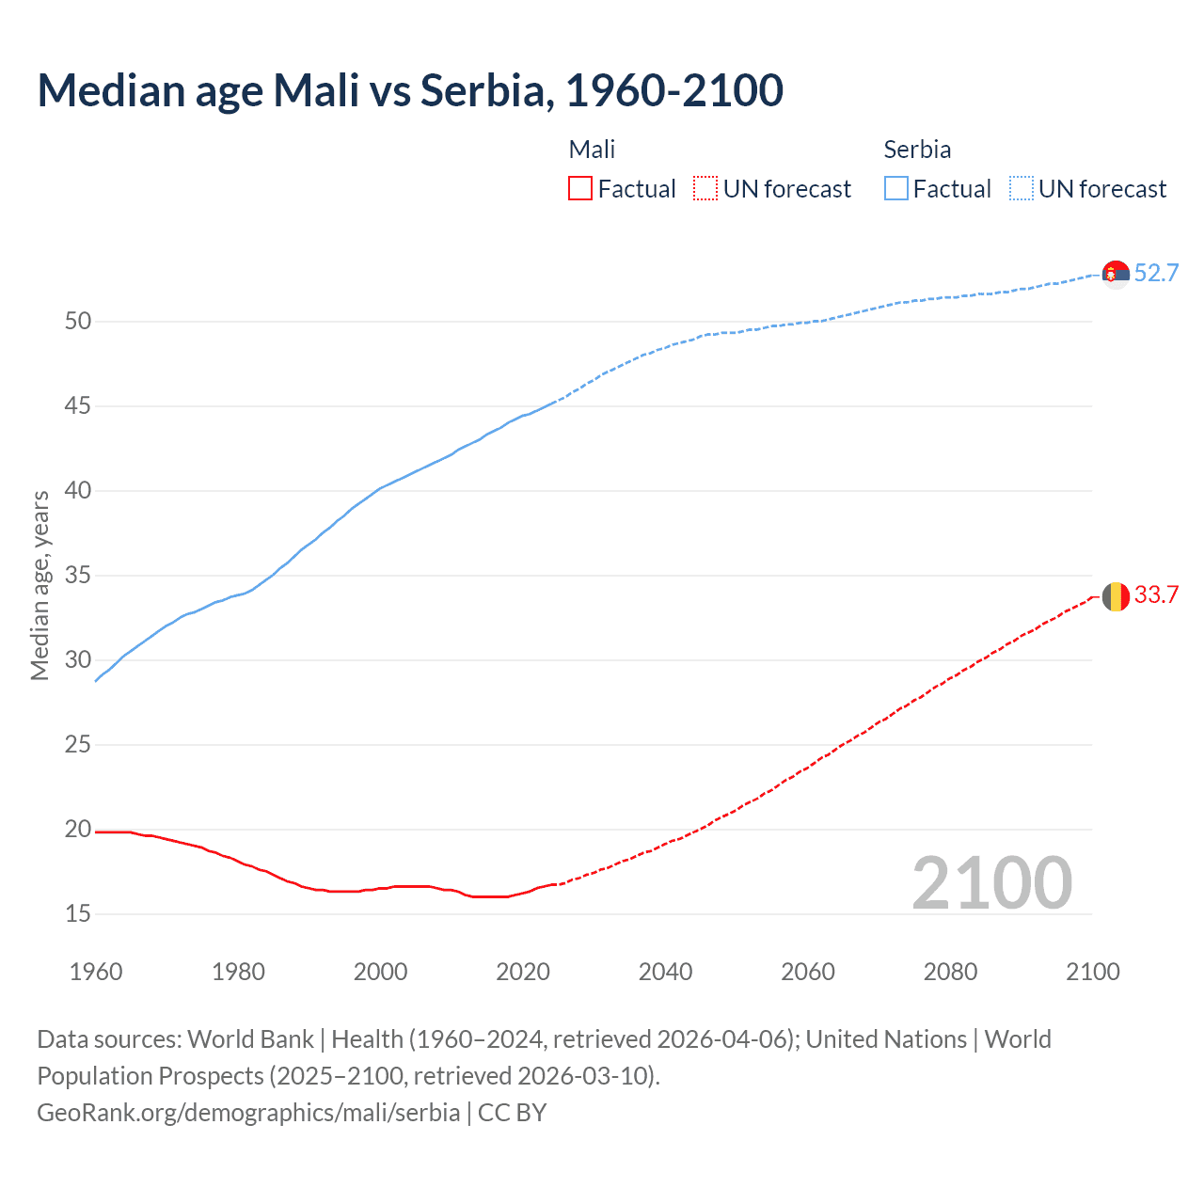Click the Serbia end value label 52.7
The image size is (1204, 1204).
[1156, 273]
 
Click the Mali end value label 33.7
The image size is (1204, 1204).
[1156, 594]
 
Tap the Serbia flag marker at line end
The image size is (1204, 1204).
[1116, 274]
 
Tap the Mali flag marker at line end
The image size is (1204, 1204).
[1116, 596]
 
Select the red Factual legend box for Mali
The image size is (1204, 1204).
[580, 189]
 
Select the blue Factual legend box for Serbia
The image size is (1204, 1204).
[895, 189]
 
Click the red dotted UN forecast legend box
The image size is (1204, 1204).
[705, 189]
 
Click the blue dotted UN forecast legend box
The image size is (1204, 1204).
[1021, 189]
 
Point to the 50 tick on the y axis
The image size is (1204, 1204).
[78, 322]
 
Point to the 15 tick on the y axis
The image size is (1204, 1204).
[78, 913]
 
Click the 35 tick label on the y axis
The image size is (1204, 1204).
[78, 576]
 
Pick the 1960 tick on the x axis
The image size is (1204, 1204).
[96, 972]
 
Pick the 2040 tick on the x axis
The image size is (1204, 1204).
[665, 972]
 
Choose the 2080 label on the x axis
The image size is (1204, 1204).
[950, 972]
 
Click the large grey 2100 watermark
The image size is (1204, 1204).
[991, 882]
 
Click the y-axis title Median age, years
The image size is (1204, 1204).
[40, 585]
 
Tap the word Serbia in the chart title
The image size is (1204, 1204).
[483, 90]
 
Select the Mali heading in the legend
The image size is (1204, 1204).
[592, 150]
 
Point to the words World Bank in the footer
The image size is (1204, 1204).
[250, 1039]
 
